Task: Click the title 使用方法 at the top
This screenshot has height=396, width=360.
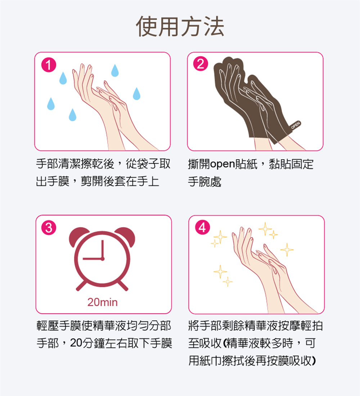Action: point(180,26)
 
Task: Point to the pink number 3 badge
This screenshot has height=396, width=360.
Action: point(49,228)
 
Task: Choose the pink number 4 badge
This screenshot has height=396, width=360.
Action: point(202,227)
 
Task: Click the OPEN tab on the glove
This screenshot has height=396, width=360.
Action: point(295,125)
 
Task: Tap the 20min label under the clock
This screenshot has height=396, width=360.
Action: point(103,302)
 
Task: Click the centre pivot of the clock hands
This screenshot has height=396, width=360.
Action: point(103,259)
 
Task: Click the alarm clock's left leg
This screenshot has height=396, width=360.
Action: point(81,285)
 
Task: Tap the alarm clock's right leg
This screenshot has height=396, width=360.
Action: point(123,285)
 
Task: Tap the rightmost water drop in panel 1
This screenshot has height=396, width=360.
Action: point(136,94)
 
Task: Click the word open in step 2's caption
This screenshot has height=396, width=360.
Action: point(222,164)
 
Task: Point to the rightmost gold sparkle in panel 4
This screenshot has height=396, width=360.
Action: point(287,249)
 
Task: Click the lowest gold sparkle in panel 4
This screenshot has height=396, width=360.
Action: point(228,281)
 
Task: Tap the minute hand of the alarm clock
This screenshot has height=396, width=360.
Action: point(103,249)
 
